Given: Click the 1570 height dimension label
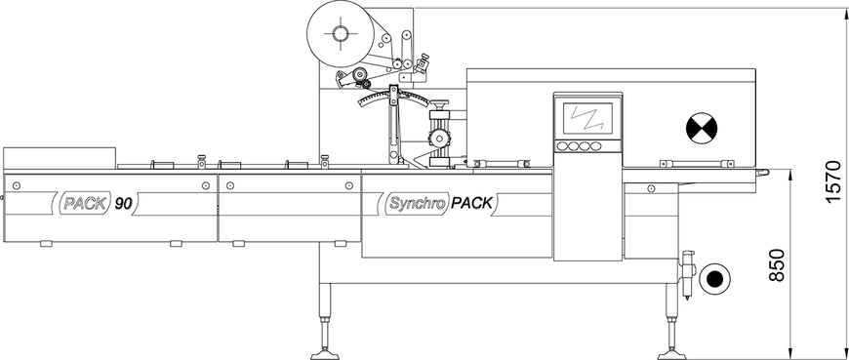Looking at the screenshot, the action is pos(833,181).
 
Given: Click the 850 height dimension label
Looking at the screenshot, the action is pos(777,264).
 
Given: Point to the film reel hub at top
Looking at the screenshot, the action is pos(340,33).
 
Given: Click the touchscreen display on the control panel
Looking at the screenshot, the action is pos(587,119).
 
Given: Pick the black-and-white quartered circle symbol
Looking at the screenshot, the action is pos(702,129).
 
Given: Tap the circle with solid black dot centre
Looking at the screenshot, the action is pos(714,279).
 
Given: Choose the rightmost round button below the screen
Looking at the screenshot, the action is pos(595,146).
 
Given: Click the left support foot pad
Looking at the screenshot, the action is pos(326,355).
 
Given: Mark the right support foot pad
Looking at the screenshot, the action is pos(672,355).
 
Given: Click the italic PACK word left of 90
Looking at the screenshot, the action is pos(80,204).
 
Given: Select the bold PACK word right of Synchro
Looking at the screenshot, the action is pos(471,204).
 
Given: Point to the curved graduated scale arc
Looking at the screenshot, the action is pos(393,97).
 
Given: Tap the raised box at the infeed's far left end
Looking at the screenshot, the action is pos(60,158).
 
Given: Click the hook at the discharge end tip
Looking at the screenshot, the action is pos(763,173).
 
